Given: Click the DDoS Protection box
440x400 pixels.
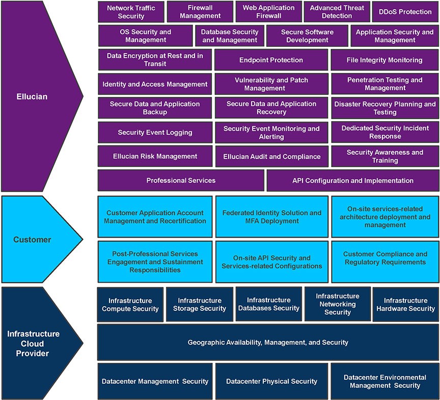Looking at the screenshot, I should tap(405, 12).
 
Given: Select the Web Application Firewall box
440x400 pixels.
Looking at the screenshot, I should tap(268, 12).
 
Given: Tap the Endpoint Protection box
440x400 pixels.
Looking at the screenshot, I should tap(271, 60).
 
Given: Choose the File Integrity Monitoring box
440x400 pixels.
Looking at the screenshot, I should tap(384, 60).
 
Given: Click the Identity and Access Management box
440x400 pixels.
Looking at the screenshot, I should tap(155, 84).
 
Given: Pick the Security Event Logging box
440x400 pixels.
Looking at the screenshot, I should tap(155, 132).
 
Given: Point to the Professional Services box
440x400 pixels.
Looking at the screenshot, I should tap(181, 180).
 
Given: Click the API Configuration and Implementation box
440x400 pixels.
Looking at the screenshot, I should tap(352, 180).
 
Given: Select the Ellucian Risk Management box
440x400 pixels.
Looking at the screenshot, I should tap(155, 156).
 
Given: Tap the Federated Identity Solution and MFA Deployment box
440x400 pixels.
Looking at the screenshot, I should tap(271, 217).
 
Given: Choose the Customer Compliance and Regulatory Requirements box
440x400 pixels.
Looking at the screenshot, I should tap(385, 258).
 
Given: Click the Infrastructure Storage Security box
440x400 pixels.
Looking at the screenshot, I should tap(199, 304).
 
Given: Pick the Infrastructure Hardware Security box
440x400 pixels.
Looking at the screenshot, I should tap(405, 304).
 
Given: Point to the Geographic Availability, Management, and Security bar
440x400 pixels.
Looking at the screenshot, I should tap(268, 342).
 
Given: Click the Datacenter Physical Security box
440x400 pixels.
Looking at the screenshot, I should tap(271, 381).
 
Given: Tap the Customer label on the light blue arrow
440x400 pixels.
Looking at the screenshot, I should tap(32, 239).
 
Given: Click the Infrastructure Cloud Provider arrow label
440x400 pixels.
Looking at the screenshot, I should tap(33, 343).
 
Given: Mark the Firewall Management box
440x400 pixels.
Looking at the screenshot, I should tap(200, 12).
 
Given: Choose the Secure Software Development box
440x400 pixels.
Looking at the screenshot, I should tap(307, 36).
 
